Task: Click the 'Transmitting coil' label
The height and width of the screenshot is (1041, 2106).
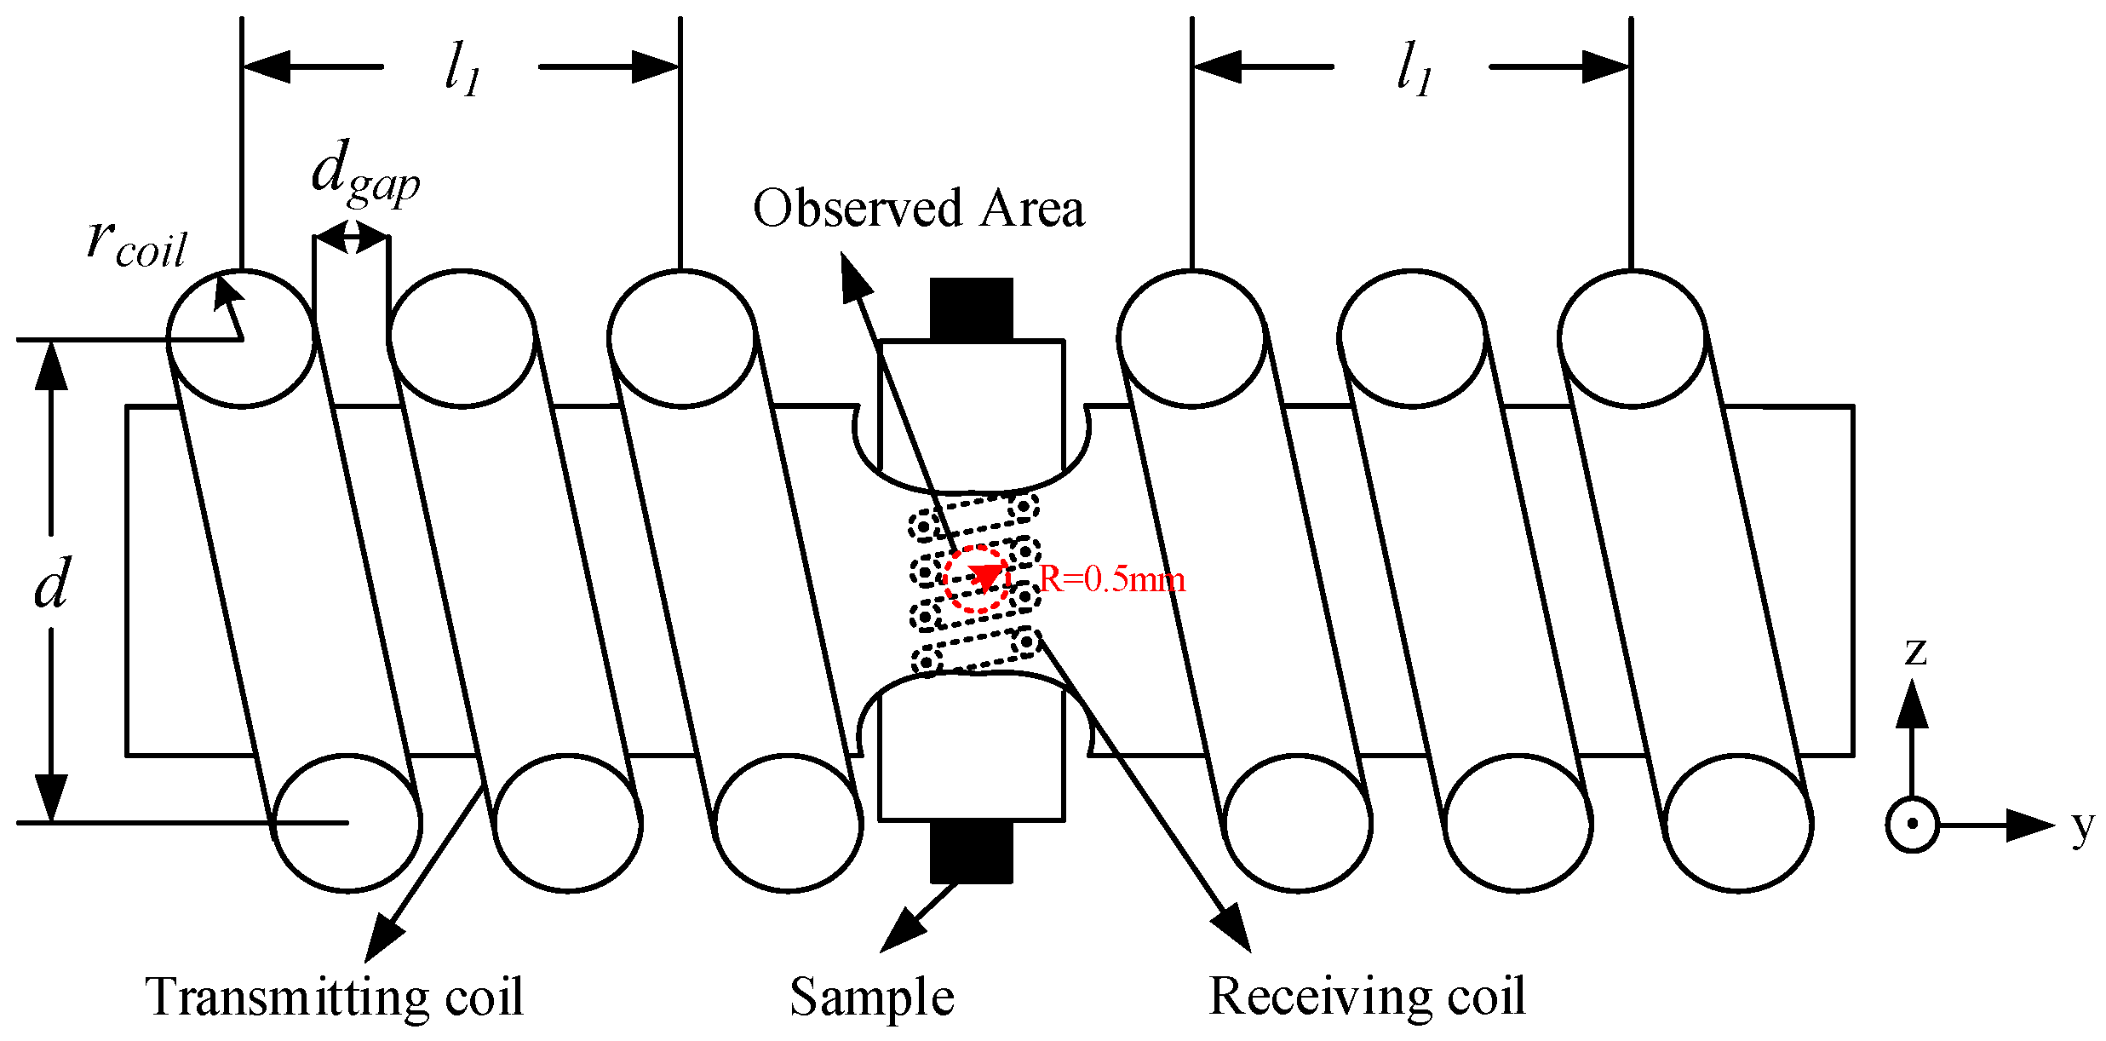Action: point(334,997)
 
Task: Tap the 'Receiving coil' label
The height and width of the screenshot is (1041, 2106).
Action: point(1366,997)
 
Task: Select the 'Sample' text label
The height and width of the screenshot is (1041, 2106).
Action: point(871,997)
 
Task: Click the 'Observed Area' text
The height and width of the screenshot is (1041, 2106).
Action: point(918,209)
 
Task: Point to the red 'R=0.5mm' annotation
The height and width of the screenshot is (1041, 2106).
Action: point(1112,580)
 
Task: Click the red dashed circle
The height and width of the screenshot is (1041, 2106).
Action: point(977,578)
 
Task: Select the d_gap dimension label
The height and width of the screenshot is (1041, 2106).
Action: point(364,175)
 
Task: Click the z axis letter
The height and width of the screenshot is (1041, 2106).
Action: point(1914,653)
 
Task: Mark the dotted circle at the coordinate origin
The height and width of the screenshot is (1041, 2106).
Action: point(1912,824)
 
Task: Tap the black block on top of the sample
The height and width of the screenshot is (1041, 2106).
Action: point(971,308)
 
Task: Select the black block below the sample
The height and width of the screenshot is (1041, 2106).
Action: point(971,852)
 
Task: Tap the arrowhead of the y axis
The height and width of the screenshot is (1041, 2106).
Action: point(2032,825)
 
